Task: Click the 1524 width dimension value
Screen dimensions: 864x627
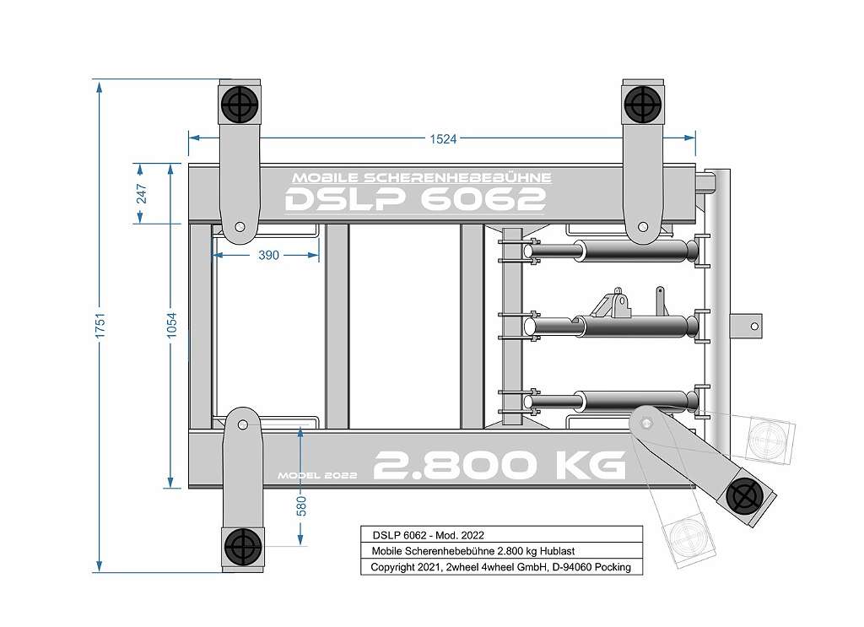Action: (x=443, y=139)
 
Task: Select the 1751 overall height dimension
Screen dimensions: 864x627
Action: (x=100, y=326)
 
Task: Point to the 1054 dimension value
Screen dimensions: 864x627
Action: (x=172, y=326)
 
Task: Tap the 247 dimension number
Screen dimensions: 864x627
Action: (x=142, y=194)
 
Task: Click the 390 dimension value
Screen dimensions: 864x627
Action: (x=268, y=255)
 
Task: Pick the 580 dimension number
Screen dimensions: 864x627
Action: (x=301, y=506)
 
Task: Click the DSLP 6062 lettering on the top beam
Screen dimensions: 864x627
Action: (x=415, y=199)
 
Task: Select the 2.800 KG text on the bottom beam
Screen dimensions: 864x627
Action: (x=499, y=465)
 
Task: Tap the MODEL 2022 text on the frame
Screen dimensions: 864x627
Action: (x=317, y=475)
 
